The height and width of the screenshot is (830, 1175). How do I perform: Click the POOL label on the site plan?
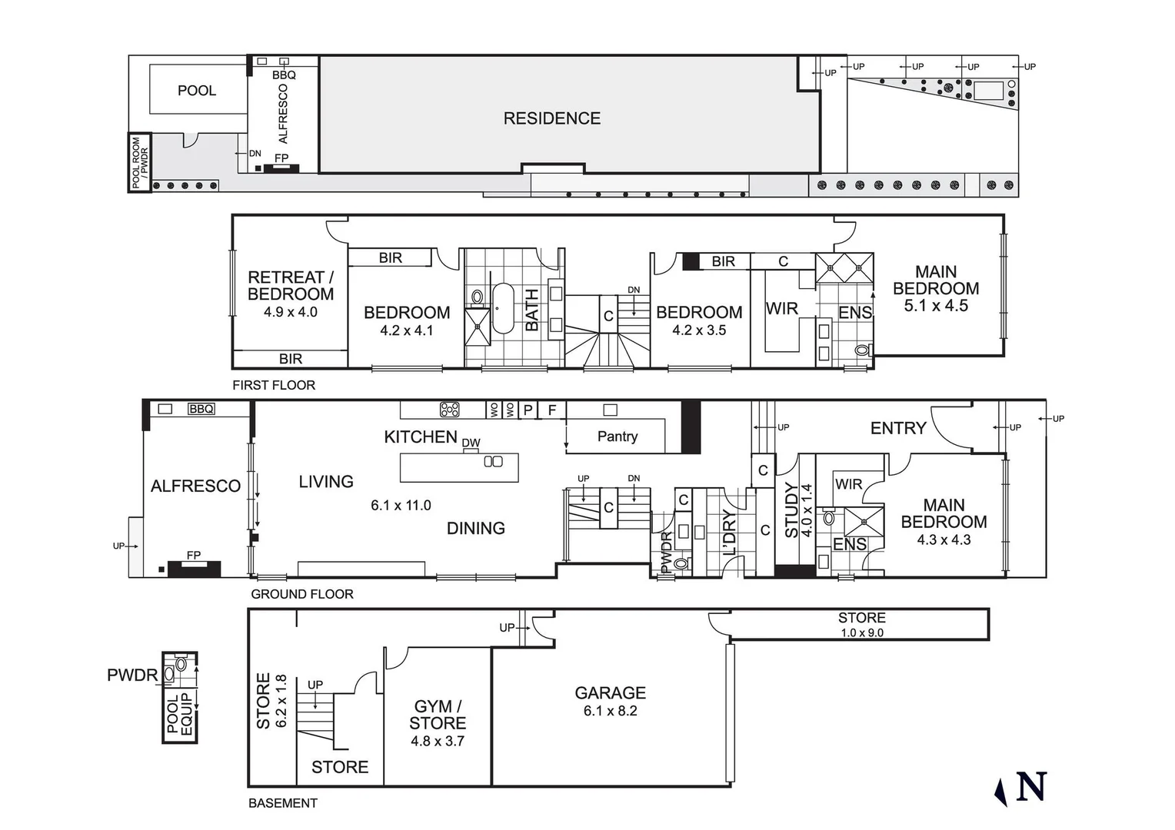(x=197, y=91)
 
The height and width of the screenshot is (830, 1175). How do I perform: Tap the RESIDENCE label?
(x=551, y=118)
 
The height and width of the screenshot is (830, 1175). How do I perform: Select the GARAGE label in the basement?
(x=610, y=692)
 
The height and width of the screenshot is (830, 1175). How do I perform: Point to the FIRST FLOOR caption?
(x=274, y=385)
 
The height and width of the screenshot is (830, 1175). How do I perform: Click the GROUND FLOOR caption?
(x=302, y=594)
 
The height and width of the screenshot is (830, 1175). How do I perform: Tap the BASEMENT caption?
(x=282, y=803)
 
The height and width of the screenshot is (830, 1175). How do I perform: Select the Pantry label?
(x=617, y=437)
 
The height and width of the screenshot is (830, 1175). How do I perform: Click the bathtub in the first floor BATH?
(x=502, y=308)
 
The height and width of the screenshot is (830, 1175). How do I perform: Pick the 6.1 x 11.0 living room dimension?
(x=401, y=505)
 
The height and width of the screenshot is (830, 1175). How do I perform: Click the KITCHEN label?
(x=421, y=437)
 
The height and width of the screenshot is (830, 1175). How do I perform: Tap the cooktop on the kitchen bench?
(x=450, y=410)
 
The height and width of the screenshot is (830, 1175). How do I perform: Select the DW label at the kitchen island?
(x=471, y=443)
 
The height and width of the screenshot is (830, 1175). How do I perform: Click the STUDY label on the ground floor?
(x=791, y=510)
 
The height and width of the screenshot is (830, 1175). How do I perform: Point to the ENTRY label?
(x=897, y=428)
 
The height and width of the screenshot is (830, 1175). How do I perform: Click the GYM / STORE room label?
(x=438, y=715)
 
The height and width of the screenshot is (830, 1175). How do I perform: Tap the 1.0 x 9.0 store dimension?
(x=862, y=633)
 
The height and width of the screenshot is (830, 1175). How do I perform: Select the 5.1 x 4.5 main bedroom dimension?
(x=936, y=305)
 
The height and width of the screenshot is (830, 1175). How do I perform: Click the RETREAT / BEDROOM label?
(x=291, y=285)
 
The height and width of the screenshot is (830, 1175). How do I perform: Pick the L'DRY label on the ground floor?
(x=729, y=532)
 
